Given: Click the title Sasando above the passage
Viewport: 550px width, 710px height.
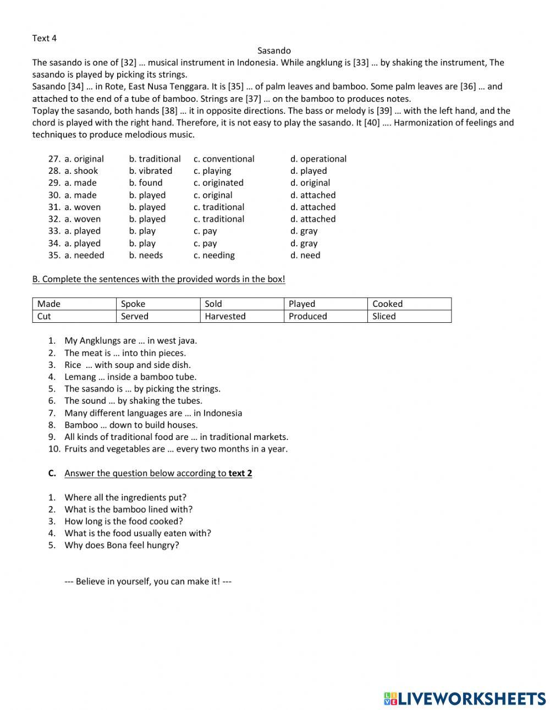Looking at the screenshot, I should click(274, 51).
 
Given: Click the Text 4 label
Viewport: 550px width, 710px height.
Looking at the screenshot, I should click(45, 38).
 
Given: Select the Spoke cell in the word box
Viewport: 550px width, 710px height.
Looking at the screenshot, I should click(133, 304).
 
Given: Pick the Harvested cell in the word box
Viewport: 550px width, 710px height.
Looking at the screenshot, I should click(225, 316).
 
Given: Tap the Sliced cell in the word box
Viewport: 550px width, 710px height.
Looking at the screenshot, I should click(384, 316).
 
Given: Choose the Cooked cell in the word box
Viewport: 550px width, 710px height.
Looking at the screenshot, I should click(387, 304).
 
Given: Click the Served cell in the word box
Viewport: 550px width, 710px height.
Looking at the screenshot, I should click(135, 316).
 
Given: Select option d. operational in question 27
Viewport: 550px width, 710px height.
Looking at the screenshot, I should click(318, 159).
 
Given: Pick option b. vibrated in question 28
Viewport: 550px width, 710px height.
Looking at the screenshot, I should click(151, 171).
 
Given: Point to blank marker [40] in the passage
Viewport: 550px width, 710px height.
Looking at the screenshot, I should click(372, 123).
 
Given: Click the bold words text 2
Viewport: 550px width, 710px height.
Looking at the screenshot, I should click(240, 474).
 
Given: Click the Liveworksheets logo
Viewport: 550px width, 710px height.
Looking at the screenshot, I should click(465, 698).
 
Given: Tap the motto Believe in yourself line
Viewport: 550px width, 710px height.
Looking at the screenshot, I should click(148, 581).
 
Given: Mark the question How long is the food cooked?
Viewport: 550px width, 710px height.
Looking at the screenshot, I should click(124, 521).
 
